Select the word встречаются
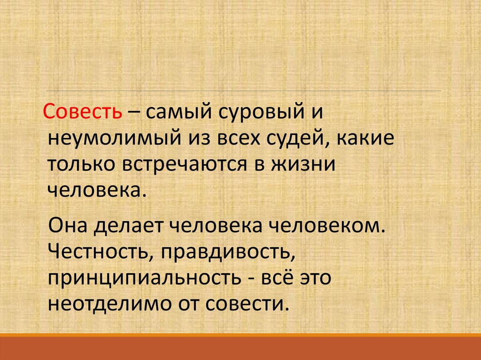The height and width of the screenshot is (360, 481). (x=189, y=165)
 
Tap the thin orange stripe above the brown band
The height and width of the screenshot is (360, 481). (x=240, y=335)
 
